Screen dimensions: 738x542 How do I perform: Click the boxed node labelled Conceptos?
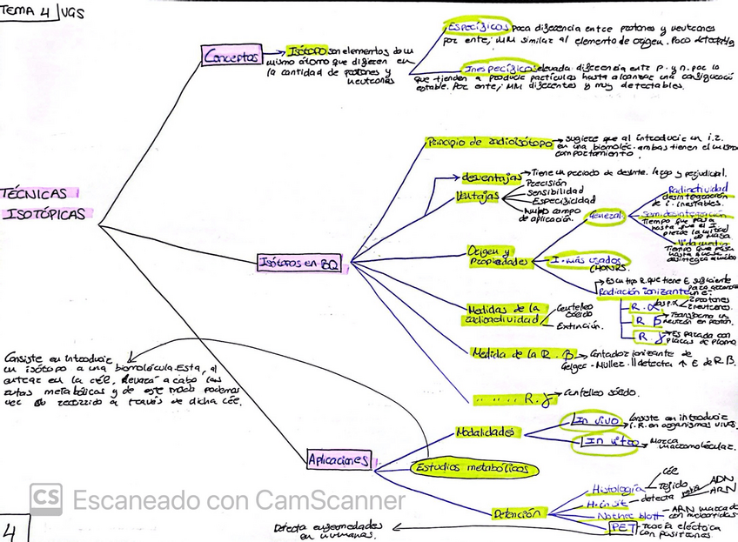tap(231, 57)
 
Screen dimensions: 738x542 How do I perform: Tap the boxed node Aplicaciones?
tap(339, 459)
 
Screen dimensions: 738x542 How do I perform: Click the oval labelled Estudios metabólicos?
tap(471, 468)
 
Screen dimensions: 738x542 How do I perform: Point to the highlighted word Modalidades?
tap(487, 432)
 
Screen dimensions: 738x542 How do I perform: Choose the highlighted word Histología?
tap(617, 489)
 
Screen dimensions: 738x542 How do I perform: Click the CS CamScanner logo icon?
tap(45, 499)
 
